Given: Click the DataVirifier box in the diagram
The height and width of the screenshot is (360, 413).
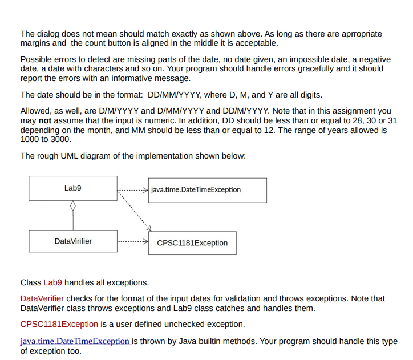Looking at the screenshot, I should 73,241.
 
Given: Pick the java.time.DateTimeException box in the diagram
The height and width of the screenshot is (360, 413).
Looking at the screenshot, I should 207,190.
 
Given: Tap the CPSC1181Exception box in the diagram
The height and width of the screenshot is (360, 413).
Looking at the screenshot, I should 192,243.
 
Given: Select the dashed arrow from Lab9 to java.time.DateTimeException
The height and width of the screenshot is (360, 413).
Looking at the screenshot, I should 132,189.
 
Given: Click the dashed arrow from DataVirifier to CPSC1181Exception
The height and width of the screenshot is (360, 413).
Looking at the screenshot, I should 132,242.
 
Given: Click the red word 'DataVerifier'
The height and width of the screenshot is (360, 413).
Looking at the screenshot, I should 42,298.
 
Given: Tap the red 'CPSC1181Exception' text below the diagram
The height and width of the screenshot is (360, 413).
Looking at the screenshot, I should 59,324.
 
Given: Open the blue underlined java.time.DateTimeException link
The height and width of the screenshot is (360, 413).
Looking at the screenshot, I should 75,341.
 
